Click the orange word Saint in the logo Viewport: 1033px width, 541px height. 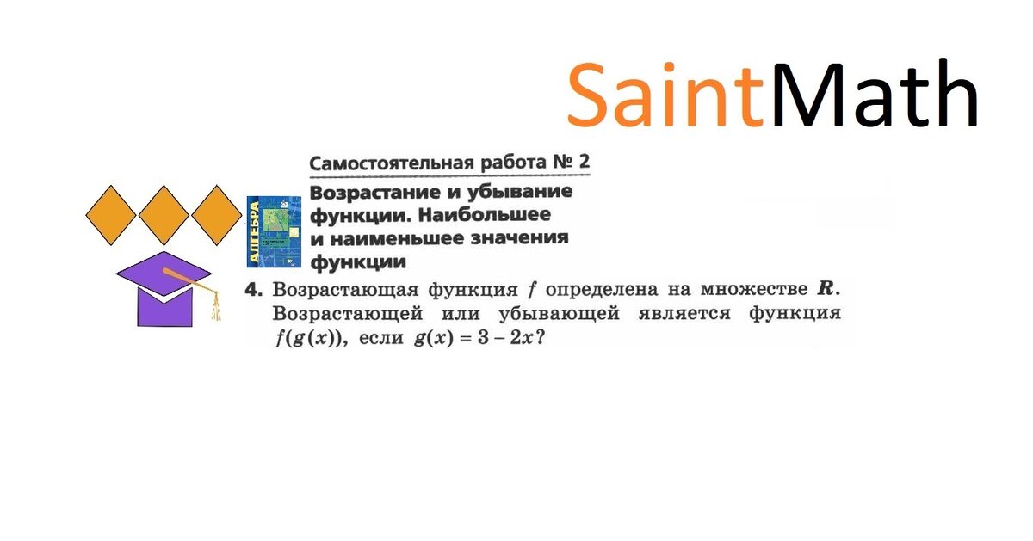tap(666, 95)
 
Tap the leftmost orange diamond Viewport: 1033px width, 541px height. tap(111, 215)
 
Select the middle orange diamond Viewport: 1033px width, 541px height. tap(164, 215)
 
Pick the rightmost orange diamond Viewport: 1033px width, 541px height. tap(217, 215)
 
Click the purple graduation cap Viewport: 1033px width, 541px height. tap(164, 289)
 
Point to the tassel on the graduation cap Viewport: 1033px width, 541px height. tap(215, 305)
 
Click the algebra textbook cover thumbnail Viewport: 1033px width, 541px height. tap(274, 231)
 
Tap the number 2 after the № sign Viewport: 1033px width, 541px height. tap(584, 161)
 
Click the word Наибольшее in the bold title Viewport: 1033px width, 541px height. tap(485, 214)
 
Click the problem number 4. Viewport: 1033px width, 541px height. tap(254, 290)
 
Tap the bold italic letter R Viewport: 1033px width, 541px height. tap(826, 289)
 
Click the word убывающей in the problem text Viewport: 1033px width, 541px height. tap(559, 314)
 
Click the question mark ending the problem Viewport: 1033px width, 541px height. tap(541, 338)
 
